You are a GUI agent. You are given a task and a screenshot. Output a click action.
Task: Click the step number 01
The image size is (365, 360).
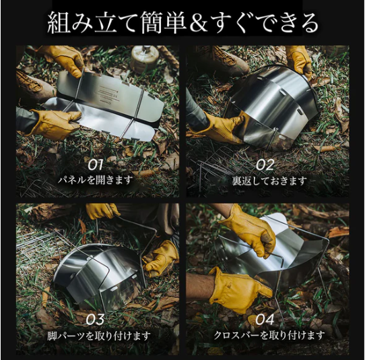tap(96, 165)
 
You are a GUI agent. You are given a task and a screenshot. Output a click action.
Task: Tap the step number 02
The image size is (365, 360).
tap(265, 165)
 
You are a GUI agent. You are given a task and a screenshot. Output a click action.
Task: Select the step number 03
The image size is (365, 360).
tap(96, 320)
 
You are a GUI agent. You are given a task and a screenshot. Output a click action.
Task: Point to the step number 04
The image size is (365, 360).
tap(265, 320)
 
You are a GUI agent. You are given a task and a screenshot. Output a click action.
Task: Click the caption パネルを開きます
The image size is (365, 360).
tap(96, 180)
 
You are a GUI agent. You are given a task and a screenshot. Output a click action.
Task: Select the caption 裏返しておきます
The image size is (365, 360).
tap(269, 181)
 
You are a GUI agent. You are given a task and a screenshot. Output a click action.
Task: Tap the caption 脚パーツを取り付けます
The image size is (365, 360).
tap(99, 336)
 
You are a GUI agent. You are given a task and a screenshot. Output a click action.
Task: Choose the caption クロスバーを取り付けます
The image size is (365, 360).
tap(269, 336)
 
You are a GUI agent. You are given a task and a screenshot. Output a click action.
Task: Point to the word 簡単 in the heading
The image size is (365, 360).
tap(164, 23)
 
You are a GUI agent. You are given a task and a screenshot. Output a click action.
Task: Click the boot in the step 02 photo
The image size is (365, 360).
tap(229, 59)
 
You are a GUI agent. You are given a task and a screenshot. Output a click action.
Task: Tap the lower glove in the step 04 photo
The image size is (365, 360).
tap(240, 290)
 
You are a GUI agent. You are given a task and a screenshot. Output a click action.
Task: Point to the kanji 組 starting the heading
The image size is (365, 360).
tap(59, 23)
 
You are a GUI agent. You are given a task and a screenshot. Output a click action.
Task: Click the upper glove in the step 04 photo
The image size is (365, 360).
tap(251, 229)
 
